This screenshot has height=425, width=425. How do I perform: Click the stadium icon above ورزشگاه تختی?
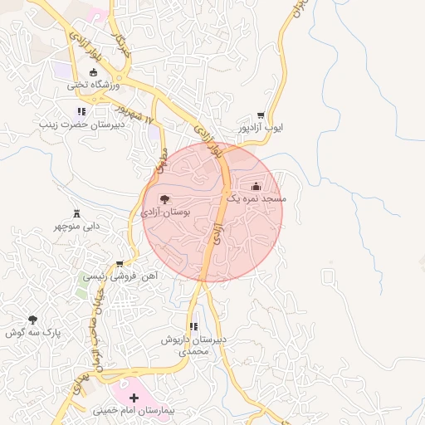pyautogui.click(x=92, y=72)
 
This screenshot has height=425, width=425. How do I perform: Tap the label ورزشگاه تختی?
pyautogui.click(x=94, y=85)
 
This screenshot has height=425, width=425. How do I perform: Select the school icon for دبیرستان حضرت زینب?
pyautogui.click(x=81, y=111)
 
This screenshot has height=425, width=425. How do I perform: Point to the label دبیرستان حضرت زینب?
pyautogui.click(x=81, y=125)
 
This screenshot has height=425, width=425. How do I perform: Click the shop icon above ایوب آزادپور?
pyautogui.click(x=261, y=115)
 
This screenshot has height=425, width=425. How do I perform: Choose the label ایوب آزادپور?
pyautogui.click(x=261, y=129)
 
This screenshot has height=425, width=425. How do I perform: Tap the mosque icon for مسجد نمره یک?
pyautogui.click(x=256, y=186)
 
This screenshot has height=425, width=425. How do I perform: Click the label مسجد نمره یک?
pyautogui.click(x=256, y=200)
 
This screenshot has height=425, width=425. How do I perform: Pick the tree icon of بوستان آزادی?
pyautogui.click(x=164, y=199)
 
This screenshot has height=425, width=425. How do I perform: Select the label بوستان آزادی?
pyautogui.click(x=166, y=212)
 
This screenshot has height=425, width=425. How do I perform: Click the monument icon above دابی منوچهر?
pyautogui.click(x=77, y=212)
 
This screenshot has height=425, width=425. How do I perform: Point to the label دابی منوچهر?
pyautogui.click(x=77, y=226)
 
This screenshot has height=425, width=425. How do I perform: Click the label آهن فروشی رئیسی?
pyautogui.click(x=120, y=276)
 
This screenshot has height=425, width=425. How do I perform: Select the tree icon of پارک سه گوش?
pyautogui.click(x=32, y=320)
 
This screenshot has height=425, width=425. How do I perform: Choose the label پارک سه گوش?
pyautogui.click(x=33, y=333)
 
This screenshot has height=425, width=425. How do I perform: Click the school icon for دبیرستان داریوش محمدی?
pyautogui.click(x=193, y=327)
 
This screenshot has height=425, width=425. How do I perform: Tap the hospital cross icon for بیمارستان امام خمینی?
pyautogui.click(x=134, y=398)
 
